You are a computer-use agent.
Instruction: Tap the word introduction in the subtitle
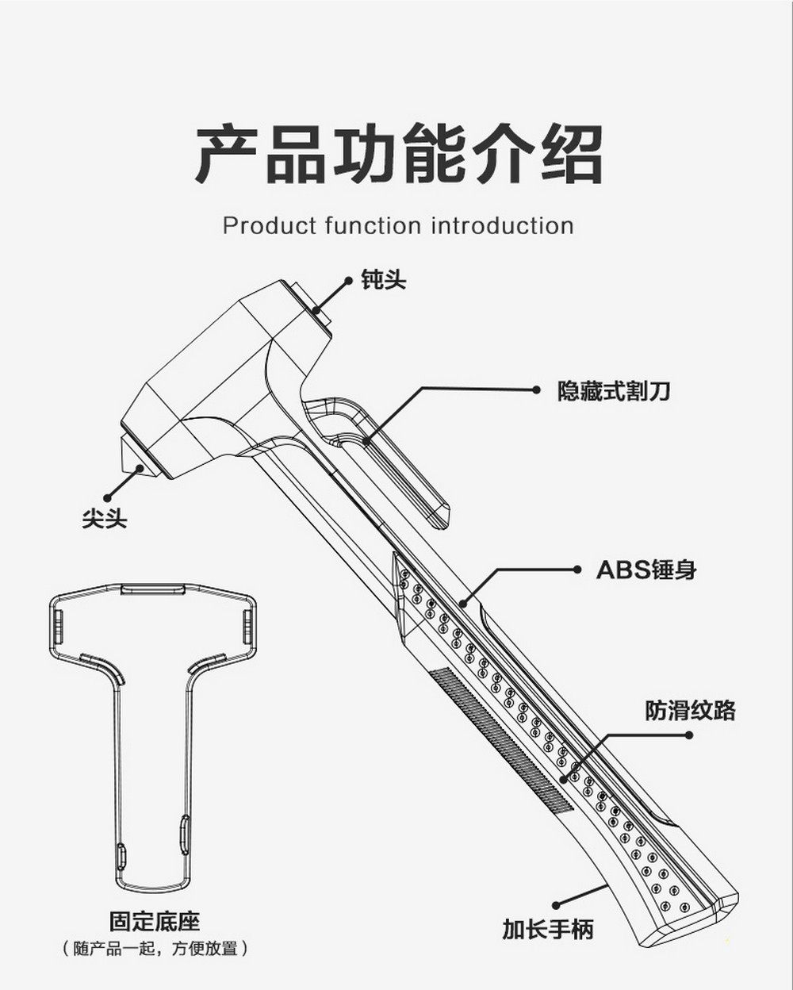tap(502, 226)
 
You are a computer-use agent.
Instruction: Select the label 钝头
tap(384, 280)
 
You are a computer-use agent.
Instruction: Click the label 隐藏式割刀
tap(613, 390)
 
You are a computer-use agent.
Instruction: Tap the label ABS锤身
tap(646, 570)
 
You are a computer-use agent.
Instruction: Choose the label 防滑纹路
tap(690, 710)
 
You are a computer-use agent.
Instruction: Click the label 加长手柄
tap(547, 928)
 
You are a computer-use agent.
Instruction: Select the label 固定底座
tap(155, 921)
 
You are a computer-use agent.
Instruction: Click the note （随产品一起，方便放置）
tap(155, 948)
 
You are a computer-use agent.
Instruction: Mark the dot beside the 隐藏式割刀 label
tap(537, 389)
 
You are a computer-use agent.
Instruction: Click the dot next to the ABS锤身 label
tap(577, 569)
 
